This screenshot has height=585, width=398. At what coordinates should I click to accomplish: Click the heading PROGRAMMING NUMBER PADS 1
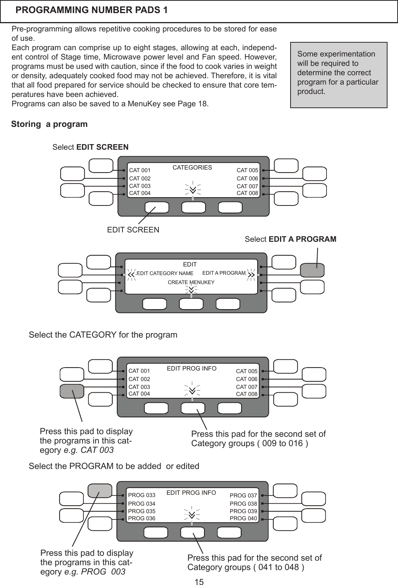(92, 10)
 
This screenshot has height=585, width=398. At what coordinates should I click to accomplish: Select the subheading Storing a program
(49, 124)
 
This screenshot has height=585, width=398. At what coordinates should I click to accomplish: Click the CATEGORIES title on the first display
(192, 168)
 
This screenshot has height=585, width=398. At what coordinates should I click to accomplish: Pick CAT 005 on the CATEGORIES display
(247, 171)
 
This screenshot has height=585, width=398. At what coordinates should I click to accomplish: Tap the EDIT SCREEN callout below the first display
(133, 229)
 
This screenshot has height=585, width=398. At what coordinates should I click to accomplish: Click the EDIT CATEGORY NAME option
(165, 273)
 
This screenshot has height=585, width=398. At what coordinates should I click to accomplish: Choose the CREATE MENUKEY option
(191, 282)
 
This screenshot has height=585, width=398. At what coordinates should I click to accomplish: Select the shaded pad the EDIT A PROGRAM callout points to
(312, 270)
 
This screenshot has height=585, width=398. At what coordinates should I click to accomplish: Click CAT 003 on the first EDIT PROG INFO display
(139, 387)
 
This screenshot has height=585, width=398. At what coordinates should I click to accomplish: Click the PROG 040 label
(243, 518)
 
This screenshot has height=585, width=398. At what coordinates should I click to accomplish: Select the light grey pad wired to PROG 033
(100, 491)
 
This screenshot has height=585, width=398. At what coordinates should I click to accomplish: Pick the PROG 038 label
(243, 504)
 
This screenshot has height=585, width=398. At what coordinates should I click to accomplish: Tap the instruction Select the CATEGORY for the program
(103, 335)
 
